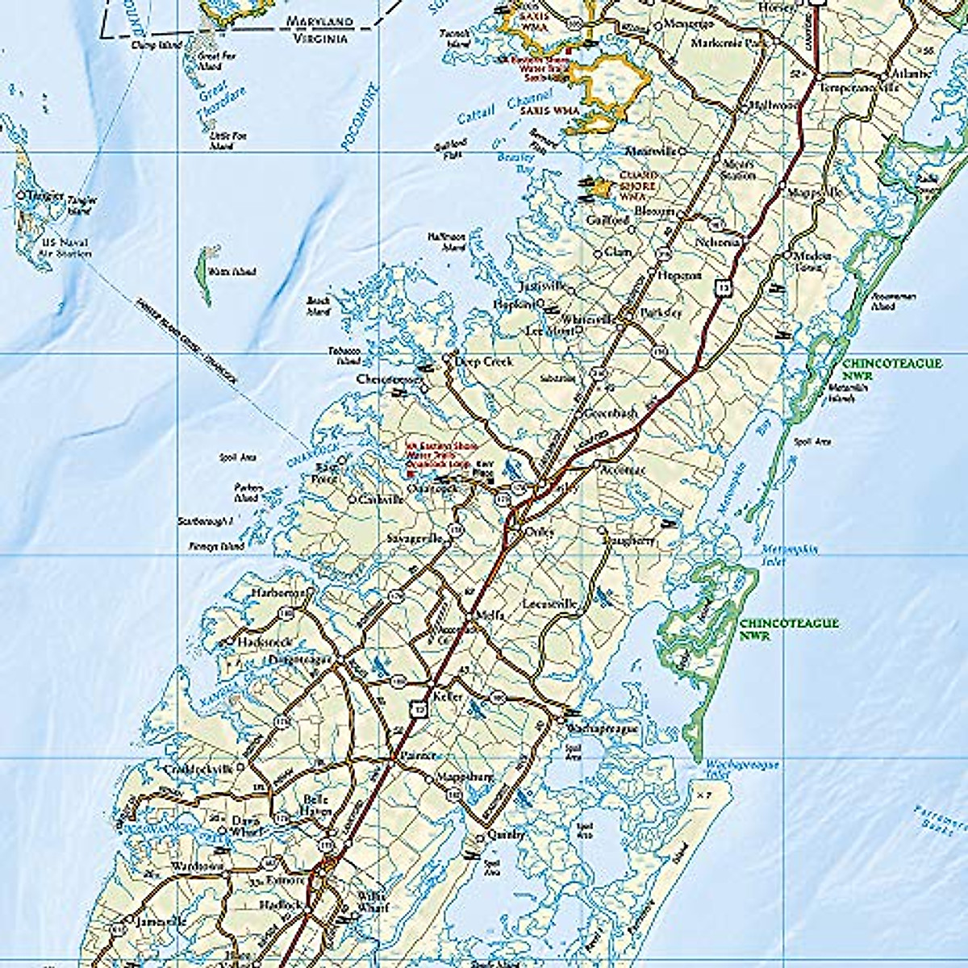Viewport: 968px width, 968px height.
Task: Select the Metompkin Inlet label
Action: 790,555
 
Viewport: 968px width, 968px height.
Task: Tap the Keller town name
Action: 448,695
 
